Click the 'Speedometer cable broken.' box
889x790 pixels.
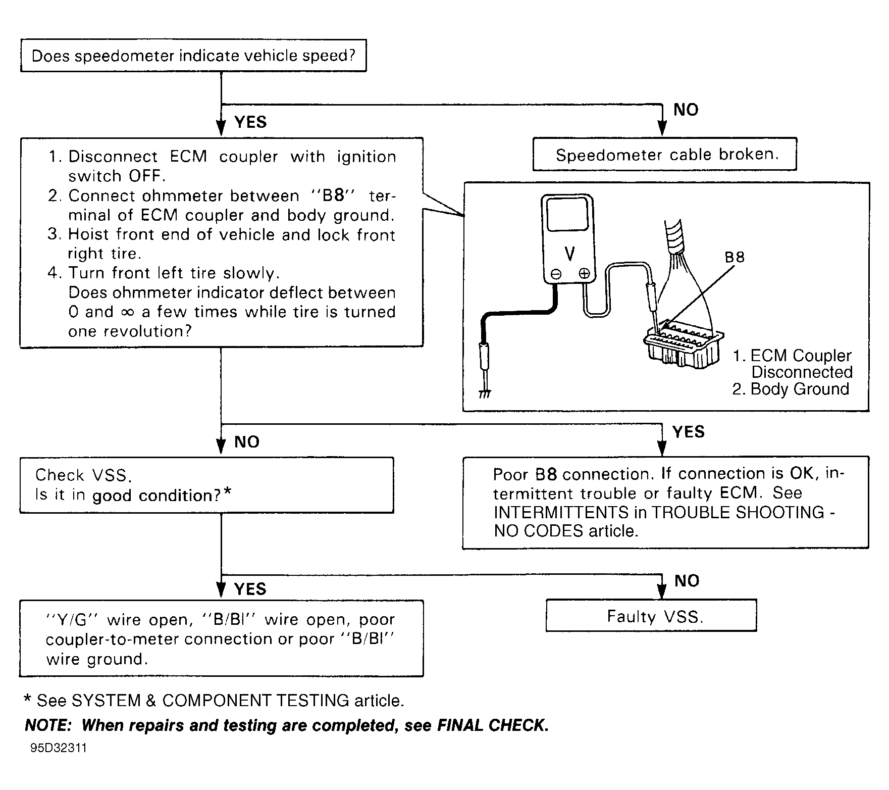664,155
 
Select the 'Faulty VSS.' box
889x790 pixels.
651,616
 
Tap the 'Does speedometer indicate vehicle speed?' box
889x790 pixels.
193,56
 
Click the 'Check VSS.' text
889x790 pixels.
83,475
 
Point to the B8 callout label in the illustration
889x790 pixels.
735,257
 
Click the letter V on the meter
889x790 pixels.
569,254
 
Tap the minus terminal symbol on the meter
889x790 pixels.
556,274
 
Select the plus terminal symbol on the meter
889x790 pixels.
584,274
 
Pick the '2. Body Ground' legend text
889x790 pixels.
791,389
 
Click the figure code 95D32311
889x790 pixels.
59,748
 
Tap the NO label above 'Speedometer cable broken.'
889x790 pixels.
686,110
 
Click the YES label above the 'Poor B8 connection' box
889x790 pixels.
689,432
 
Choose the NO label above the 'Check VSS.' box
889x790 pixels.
247,442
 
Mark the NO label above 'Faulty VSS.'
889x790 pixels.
687,581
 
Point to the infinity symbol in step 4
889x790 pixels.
128,312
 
